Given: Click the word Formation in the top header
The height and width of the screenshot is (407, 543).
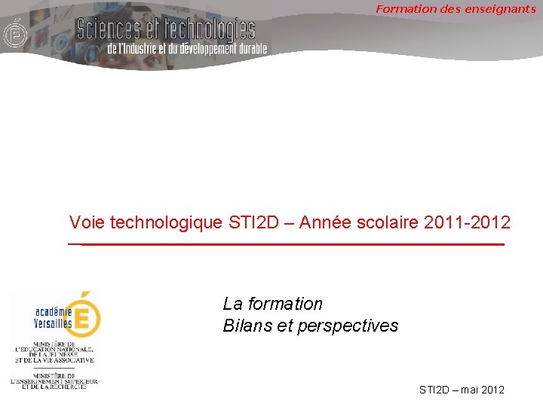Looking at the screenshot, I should click(x=403, y=9).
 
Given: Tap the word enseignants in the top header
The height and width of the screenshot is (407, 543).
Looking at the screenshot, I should click(x=502, y=9).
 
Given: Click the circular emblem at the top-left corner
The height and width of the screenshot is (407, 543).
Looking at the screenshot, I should click(x=13, y=35).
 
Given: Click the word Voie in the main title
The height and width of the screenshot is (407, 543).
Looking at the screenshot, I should click(x=87, y=222).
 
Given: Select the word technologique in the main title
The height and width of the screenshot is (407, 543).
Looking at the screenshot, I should click(x=166, y=222).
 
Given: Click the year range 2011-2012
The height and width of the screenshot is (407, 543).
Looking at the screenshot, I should click(x=468, y=222).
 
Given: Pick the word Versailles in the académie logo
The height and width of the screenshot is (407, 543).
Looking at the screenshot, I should click(x=53, y=323).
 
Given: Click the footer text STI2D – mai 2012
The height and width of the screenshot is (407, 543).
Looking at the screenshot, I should click(x=462, y=390).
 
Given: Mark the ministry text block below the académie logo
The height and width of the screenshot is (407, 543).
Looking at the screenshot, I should click(x=54, y=366).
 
